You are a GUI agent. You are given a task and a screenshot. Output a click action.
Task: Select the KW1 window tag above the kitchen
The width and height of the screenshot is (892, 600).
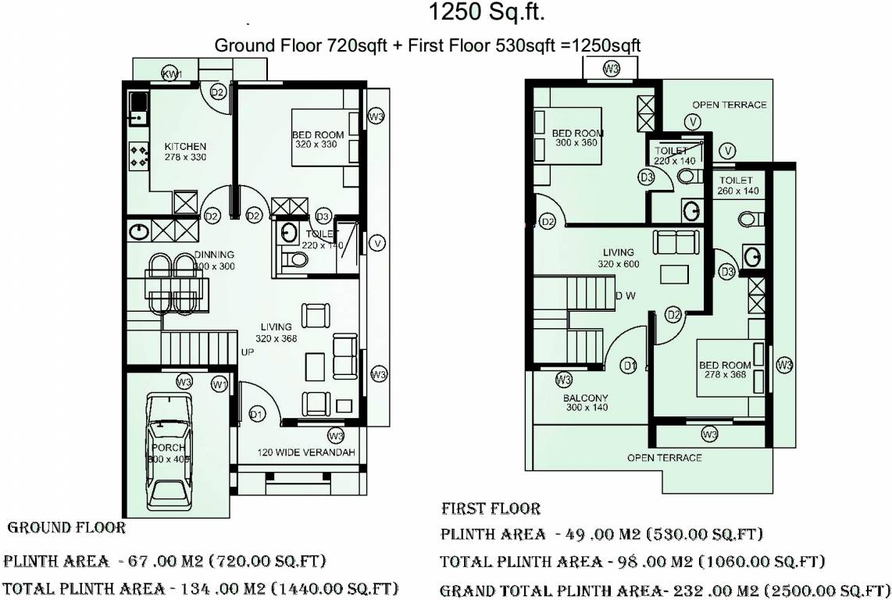point(172,74)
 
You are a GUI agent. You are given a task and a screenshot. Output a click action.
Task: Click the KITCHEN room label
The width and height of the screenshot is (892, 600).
point(185,147)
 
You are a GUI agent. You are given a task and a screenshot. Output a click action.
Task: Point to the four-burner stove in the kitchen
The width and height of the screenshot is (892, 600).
point(139,154)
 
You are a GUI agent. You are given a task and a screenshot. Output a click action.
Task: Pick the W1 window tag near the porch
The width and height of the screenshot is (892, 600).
point(220,384)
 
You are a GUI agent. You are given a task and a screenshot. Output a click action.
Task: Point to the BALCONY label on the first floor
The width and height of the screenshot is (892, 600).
point(585,398)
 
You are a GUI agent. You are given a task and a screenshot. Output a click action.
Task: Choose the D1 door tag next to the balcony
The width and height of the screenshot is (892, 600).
point(629,365)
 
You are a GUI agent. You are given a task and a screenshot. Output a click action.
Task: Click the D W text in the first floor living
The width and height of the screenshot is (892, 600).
point(624,295)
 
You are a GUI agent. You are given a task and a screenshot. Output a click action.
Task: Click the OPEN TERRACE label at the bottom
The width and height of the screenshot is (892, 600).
point(664,458)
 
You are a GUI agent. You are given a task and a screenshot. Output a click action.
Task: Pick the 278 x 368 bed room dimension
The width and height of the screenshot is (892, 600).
point(724,375)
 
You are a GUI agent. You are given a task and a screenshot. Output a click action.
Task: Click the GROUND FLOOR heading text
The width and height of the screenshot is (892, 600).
point(66,528)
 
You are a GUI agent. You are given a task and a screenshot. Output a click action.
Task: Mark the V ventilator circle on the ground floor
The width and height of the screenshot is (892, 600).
point(378,243)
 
